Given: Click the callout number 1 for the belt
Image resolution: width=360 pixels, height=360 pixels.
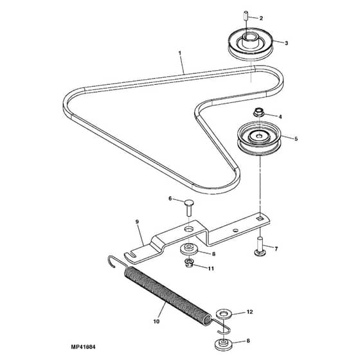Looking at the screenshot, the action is (180, 53).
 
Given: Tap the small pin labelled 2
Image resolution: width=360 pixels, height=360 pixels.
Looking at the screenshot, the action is (245, 15).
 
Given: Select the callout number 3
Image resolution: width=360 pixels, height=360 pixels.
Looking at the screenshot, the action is (286, 43).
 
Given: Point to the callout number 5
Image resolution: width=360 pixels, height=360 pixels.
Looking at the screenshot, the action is (296, 139).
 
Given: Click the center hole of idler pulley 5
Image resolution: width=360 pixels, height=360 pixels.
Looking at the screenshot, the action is (259, 136).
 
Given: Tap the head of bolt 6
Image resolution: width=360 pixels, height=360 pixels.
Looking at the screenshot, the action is (189, 203).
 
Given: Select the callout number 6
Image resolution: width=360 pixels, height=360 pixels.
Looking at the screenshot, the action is (170, 199).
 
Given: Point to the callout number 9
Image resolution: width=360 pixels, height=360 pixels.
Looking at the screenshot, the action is (138, 222).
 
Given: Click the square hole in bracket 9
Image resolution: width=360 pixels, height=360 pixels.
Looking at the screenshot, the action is (260, 219).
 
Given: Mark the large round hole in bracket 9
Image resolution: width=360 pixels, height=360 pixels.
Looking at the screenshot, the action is (189, 229).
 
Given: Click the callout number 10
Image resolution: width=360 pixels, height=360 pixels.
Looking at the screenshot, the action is (156, 321).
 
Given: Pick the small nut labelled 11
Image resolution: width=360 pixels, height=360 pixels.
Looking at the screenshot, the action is (189, 263).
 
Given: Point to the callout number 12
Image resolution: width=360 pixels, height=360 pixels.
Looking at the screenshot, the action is (250, 312).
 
